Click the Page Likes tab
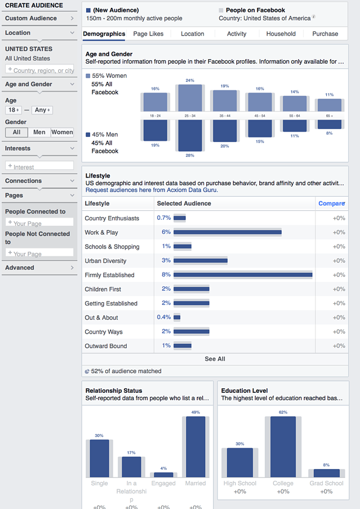point(148,34)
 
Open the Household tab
point(281,34)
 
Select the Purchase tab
point(325,34)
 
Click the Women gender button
point(62,132)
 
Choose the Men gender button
point(39,132)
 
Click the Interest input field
point(39,166)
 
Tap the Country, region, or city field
point(39,70)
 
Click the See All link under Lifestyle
point(215,359)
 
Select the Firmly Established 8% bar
point(243,275)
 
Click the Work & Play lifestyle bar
point(227,232)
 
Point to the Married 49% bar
point(195,447)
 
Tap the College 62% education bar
point(283,448)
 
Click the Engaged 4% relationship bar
point(163,475)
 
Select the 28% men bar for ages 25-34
point(189,135)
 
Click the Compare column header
point(331,203)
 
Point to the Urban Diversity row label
point(105,261)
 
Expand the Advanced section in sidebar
point(39,268)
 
